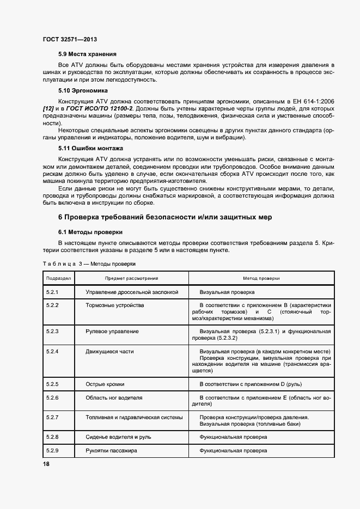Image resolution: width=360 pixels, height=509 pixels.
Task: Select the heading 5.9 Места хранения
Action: click(87, 54)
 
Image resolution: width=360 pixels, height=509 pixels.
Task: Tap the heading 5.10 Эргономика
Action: click(83, 90)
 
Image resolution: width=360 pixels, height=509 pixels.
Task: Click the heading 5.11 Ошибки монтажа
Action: click(90, 148)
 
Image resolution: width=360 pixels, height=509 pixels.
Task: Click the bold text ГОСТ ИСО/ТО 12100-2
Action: click(95, 109)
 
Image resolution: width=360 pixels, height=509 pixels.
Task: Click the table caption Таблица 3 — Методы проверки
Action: click(89, 263)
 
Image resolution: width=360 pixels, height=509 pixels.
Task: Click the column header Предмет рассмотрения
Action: click(132, 278)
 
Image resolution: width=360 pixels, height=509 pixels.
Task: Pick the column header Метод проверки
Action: click(261, 278)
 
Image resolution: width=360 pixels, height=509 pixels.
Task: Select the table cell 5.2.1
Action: click(53, 292)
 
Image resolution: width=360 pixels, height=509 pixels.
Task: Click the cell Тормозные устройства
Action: click(115, 305)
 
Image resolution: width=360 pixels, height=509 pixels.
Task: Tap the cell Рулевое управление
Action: click(112, 331)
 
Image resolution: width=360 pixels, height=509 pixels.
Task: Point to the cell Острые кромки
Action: click(105, 384)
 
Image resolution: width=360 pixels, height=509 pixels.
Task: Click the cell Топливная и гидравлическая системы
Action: click(133, 418)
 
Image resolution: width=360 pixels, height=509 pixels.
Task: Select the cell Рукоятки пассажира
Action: click(111, 451)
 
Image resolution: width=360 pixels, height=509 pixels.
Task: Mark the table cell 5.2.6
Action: click(53, 397)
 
